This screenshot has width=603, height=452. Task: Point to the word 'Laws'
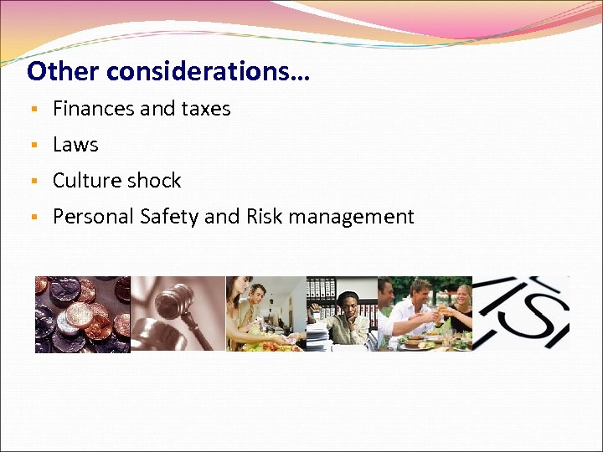(75, 145)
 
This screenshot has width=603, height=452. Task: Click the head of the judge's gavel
(172, 298)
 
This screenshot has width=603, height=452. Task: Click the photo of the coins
(82, 314)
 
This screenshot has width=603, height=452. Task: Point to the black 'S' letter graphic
(537, 314)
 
